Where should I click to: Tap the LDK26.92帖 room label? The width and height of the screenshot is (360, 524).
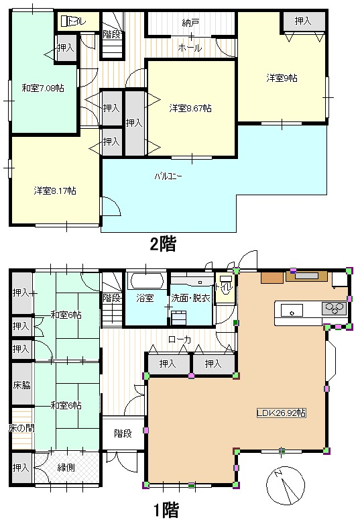[281, 413]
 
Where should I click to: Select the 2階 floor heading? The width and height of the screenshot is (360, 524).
[163, 244]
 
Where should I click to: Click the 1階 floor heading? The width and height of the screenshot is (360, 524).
[166, 510]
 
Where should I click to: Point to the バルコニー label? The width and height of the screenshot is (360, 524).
[168, 176]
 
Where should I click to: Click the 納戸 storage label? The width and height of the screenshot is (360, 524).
[190, 23]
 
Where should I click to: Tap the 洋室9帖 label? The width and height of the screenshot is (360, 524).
[282, 78]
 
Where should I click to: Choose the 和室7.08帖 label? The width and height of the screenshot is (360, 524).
[43, 88]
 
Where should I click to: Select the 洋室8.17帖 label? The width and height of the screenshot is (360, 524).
[55, 191]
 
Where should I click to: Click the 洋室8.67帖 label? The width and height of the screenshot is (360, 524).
[190, 108]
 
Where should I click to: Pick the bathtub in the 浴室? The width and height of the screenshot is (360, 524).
[147, 281]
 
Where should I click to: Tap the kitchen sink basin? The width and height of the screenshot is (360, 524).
[292, 311]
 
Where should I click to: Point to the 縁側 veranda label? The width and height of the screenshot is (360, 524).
[66, 468]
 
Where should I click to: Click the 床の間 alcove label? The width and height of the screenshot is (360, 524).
[21, 428]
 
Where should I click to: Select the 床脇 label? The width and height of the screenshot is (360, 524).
[22, 385]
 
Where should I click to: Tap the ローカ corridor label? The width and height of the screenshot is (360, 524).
[180, 340]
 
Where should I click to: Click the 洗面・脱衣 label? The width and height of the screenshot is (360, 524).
[190, 298]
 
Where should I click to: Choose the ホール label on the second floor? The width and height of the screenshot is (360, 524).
[190, 48]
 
